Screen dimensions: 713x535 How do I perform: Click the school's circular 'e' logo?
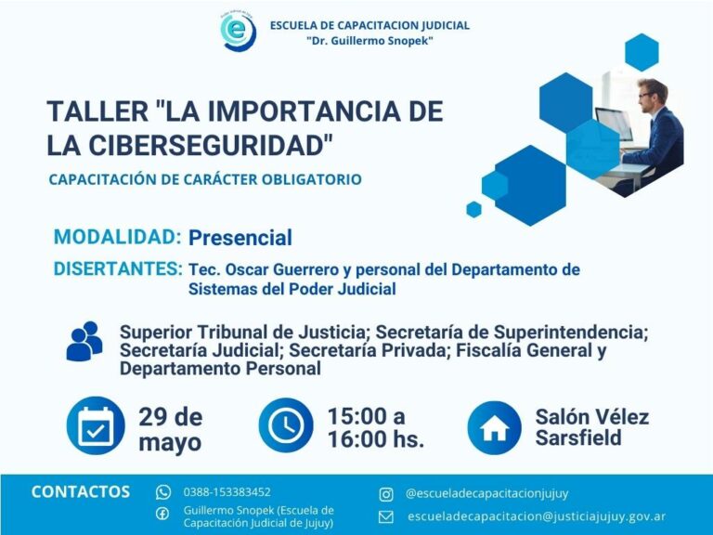click(x=238, y=31)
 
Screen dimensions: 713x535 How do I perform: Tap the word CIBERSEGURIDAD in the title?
click(x=208, y=145)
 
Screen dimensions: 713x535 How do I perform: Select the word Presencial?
click(x=240, y=238)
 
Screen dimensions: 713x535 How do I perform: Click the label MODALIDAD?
click(x=117, y=237)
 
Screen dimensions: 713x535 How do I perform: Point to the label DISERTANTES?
click(x=118, y=268)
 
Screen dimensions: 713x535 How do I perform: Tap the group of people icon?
click(x=84, y=341)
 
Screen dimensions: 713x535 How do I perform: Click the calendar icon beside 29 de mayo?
click(x=96, y=425)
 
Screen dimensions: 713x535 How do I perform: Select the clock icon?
click(x=286, y=425)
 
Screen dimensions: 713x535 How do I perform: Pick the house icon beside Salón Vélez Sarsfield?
click(x=494, y=427)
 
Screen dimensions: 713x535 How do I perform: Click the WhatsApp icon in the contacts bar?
click(x=163, y=492)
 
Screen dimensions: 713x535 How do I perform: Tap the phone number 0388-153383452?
click(x=227, y=491)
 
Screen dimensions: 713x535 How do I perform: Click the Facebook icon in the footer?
click(x=162, y=514)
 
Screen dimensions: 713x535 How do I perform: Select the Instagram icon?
click(x=386, y=494)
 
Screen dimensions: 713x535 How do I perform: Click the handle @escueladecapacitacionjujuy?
click(x=486, y=493)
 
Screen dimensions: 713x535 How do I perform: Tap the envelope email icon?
click(x=386, y=516)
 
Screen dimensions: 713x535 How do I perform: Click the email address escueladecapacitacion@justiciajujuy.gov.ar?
click(x=537, y=516)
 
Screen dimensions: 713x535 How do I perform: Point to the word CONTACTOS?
click(x=81, y=491)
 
